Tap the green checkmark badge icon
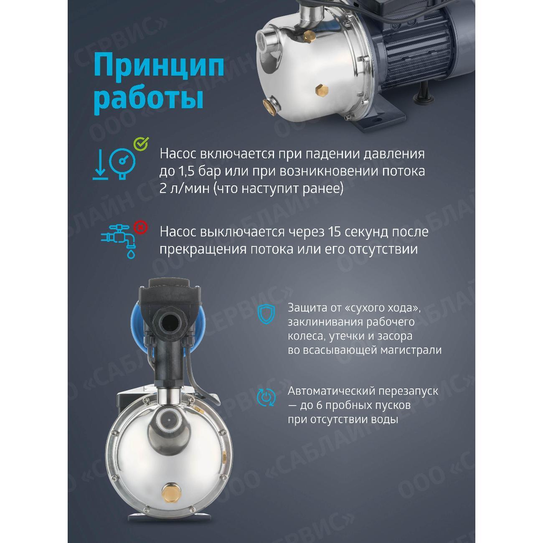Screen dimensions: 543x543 pos(140,144)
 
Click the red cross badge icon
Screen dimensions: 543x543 pos(141,227)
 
